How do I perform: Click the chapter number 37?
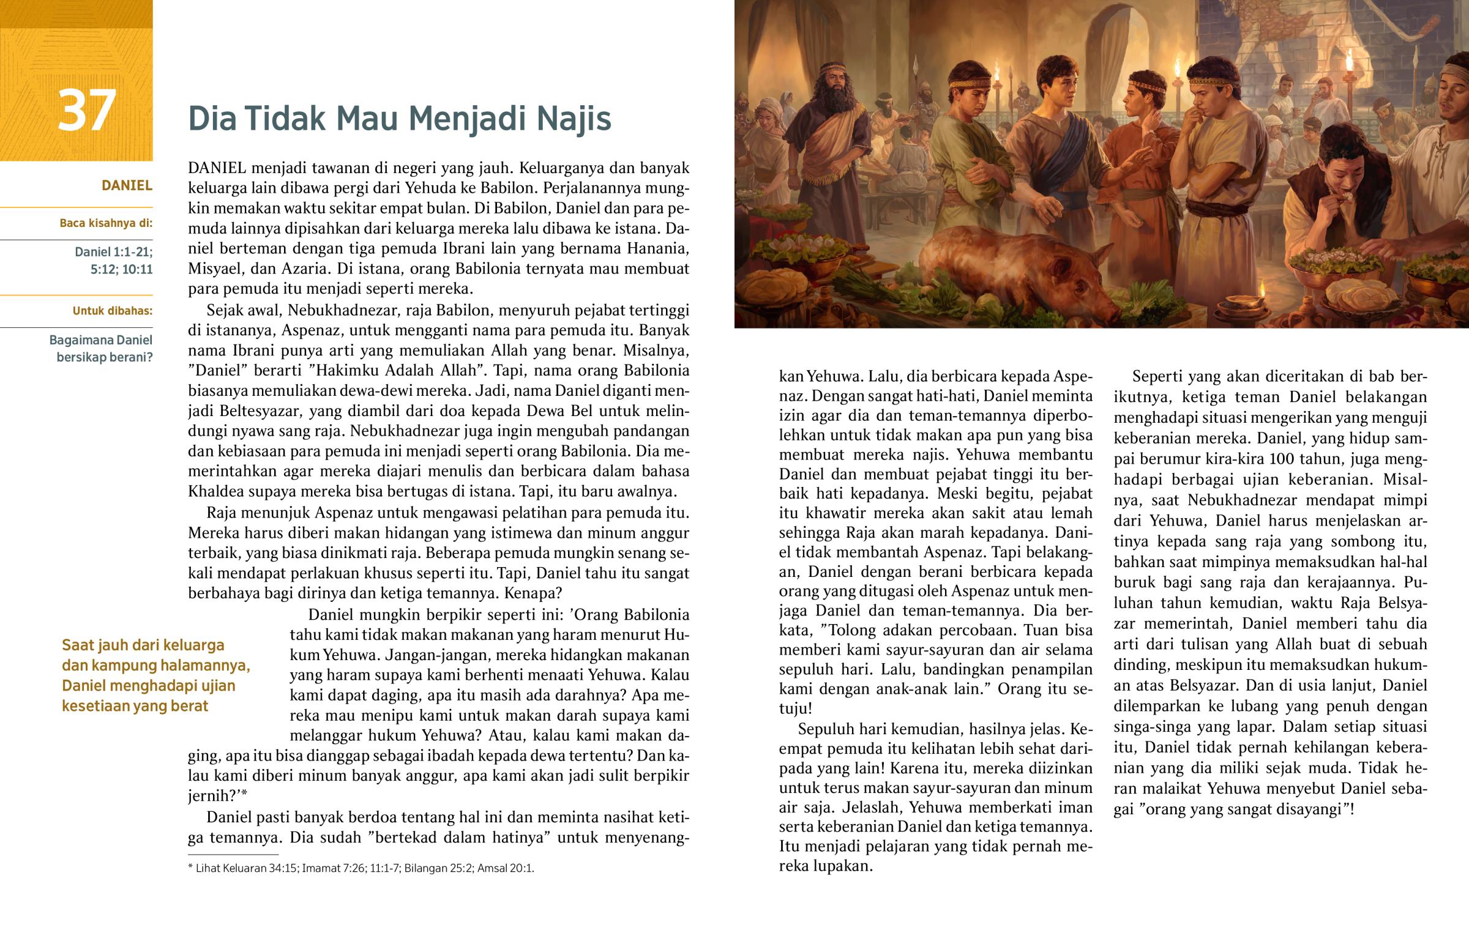[86, 110]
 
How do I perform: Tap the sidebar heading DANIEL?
[126, 185]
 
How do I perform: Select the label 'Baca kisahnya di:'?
[105, 223]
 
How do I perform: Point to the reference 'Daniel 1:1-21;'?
[113, 251]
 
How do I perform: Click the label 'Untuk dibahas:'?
[112, 311]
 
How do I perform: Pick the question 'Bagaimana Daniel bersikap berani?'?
[101, 348]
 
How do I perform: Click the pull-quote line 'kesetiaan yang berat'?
[135, 706]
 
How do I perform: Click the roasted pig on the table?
[1018, 270]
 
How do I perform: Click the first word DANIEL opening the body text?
[217, 168]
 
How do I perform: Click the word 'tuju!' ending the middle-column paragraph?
[795, 709]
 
